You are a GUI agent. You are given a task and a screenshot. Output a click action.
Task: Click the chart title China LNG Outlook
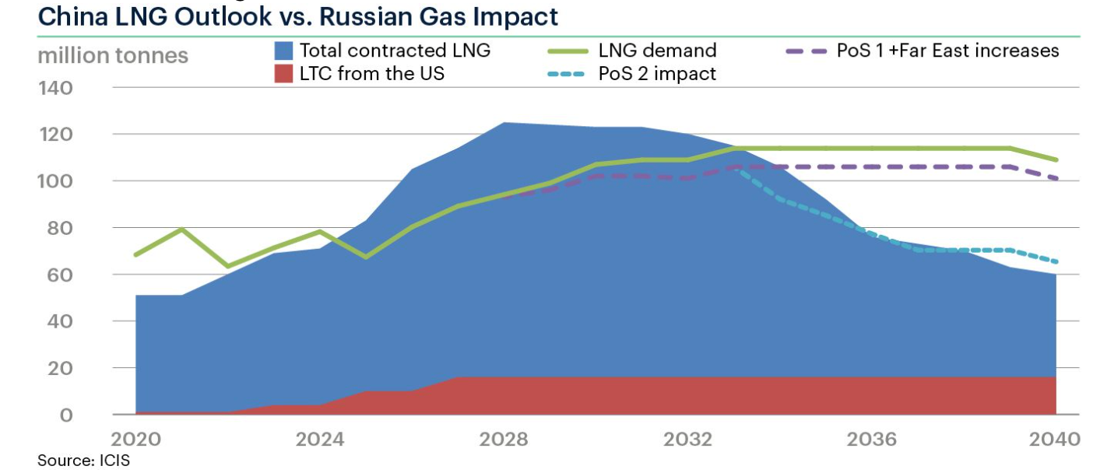297,16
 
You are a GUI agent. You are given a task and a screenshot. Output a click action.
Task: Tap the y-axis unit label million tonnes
112,56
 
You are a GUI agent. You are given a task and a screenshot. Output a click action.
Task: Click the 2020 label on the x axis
136,440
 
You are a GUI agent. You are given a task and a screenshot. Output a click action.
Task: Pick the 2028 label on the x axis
504,440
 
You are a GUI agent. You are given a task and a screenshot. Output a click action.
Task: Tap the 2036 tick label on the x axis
871,440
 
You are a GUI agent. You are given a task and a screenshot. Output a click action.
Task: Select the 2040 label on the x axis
1056,440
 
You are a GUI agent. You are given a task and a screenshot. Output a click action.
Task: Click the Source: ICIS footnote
83,461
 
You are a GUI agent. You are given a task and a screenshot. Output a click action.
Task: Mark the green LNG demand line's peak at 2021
181,229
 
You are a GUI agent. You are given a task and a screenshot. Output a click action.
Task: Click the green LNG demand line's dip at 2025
365,257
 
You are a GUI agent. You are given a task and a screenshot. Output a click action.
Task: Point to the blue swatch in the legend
283,51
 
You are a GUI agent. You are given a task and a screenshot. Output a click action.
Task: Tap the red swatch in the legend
283,75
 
